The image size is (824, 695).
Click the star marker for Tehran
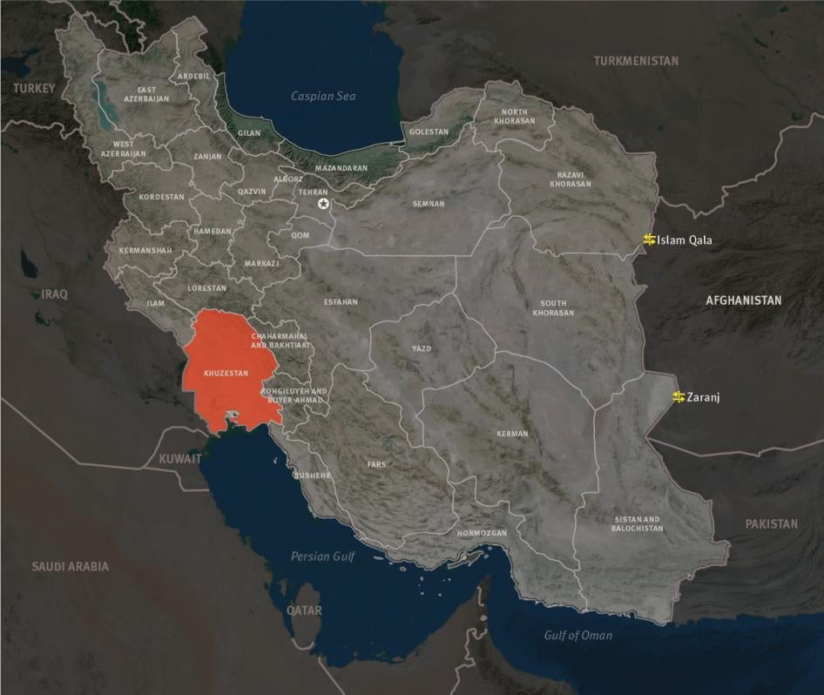pyautogui.click(x=324, y=204)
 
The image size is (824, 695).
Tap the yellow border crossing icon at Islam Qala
pyautogui.click(x=649, y=240)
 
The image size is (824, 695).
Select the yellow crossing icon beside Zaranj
pyautogui.click(x=679, y=397)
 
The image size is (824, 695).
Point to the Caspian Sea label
pyautogui.click(x=323, y=97)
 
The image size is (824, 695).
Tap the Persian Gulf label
pyautogui.click(x=323, y=556)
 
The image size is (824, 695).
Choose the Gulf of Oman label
pyautogui.click(x=577, y=635)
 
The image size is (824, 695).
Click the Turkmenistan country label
pyautogui.click(x=636, y=61)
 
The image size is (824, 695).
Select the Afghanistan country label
pyautogui.click(x=743, y=300)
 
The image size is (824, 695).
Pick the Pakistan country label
pyautogui.click(x=771, y=524)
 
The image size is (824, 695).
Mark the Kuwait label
pyautogui.click(x=180, y=458)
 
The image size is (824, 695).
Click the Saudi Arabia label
pyautogui.click(x=71, y=566)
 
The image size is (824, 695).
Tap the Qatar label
pyautogui.click(x=305, y=611)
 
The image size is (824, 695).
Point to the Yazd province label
pyautogui.click(x=422, y=349)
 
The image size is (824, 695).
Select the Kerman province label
pyautogui.click(x=512, y=434)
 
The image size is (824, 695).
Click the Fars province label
pyautogui.click(x=376, y=465)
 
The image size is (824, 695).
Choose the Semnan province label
pyautogui.click(x=429, y=205)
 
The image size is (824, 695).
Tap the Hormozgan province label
pyautogui.click(x=481, y=532)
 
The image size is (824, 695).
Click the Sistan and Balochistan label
pyautogui.click(x=637, y=524)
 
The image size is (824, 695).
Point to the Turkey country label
pyautogui.click(x=34, y=88)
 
